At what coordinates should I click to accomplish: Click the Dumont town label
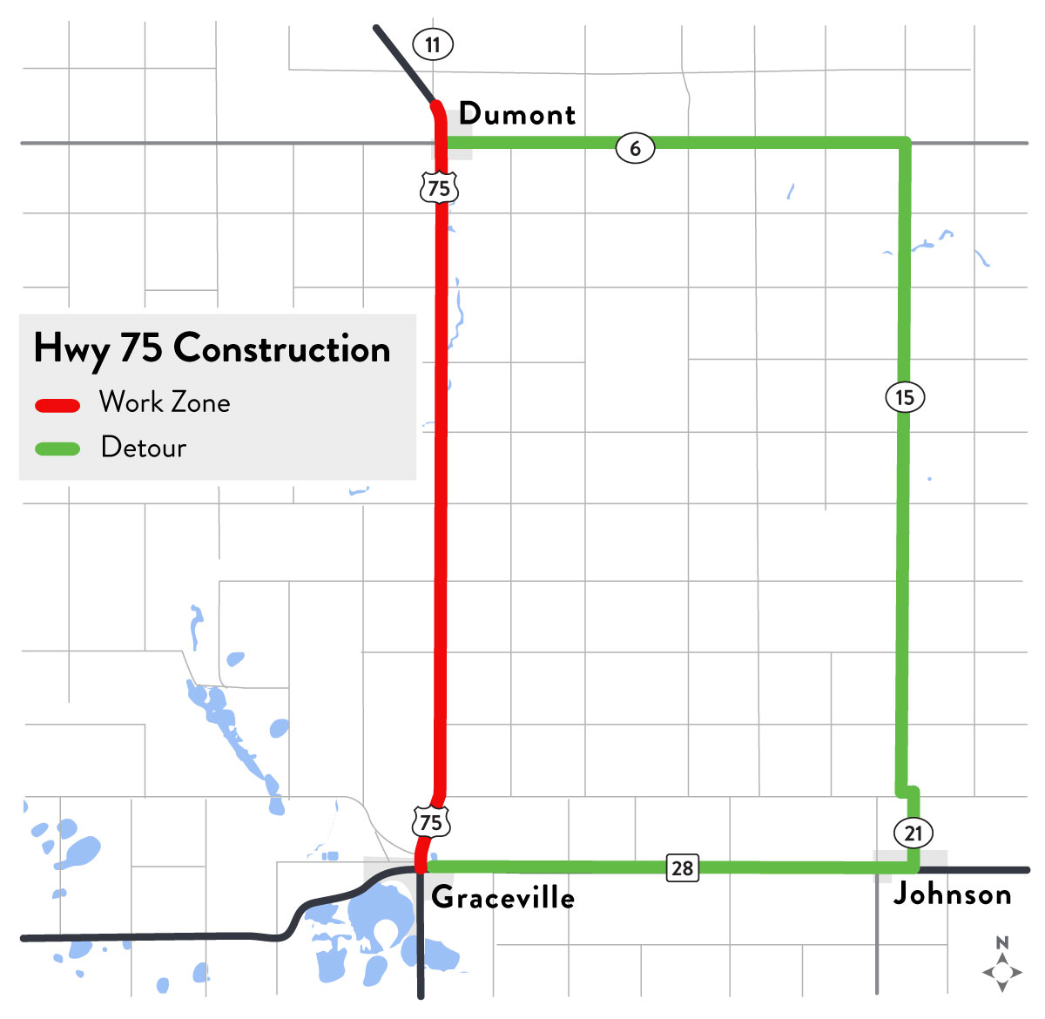point(517,114)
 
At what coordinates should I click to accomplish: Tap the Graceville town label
point(502,897)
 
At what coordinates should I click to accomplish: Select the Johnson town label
point(952,894)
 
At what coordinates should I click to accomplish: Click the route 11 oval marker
point(433,44)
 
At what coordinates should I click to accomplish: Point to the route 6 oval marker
point(635,148)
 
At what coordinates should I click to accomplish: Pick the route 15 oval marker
point(905,397)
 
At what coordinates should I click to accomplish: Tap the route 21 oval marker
point(913,833)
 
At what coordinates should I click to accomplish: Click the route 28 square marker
point(683,867)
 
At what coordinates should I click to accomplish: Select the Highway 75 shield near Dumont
point(439,187)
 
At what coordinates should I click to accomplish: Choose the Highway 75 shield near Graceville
point(430,821)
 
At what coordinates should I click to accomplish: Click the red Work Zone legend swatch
point(57,405)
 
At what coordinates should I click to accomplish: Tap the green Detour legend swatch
point(57,449)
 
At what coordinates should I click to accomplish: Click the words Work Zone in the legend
point(165,402)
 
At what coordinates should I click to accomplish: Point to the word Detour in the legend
point(144,447)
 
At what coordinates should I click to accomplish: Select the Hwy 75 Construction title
point(212,348)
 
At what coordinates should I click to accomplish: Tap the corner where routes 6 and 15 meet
point(905,142)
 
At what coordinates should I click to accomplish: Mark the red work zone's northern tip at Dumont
point(435,105)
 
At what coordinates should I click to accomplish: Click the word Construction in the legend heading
point(281,348)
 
